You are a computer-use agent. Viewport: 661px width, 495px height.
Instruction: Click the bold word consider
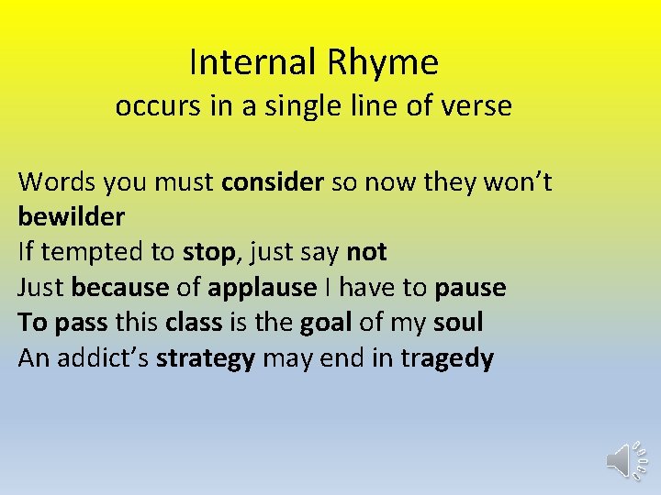click(273, 182)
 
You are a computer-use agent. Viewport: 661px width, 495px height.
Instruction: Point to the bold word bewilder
click(71, 217)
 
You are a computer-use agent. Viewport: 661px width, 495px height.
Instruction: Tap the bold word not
click(366, 252)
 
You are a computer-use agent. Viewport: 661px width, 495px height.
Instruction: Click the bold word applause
click(262, 288)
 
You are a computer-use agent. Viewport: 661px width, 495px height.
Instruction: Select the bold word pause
click(470, 288)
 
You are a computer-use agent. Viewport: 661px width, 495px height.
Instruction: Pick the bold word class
click(195, 323)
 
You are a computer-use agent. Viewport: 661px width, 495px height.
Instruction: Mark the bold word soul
click(458, 323)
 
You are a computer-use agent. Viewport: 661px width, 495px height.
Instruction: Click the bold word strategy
click(206, 358)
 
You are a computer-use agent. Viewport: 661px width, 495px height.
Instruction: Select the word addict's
click(103, 358)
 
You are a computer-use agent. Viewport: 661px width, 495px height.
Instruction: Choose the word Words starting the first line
click(57, 182)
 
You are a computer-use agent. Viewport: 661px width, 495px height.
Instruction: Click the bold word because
click(119, 288)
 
